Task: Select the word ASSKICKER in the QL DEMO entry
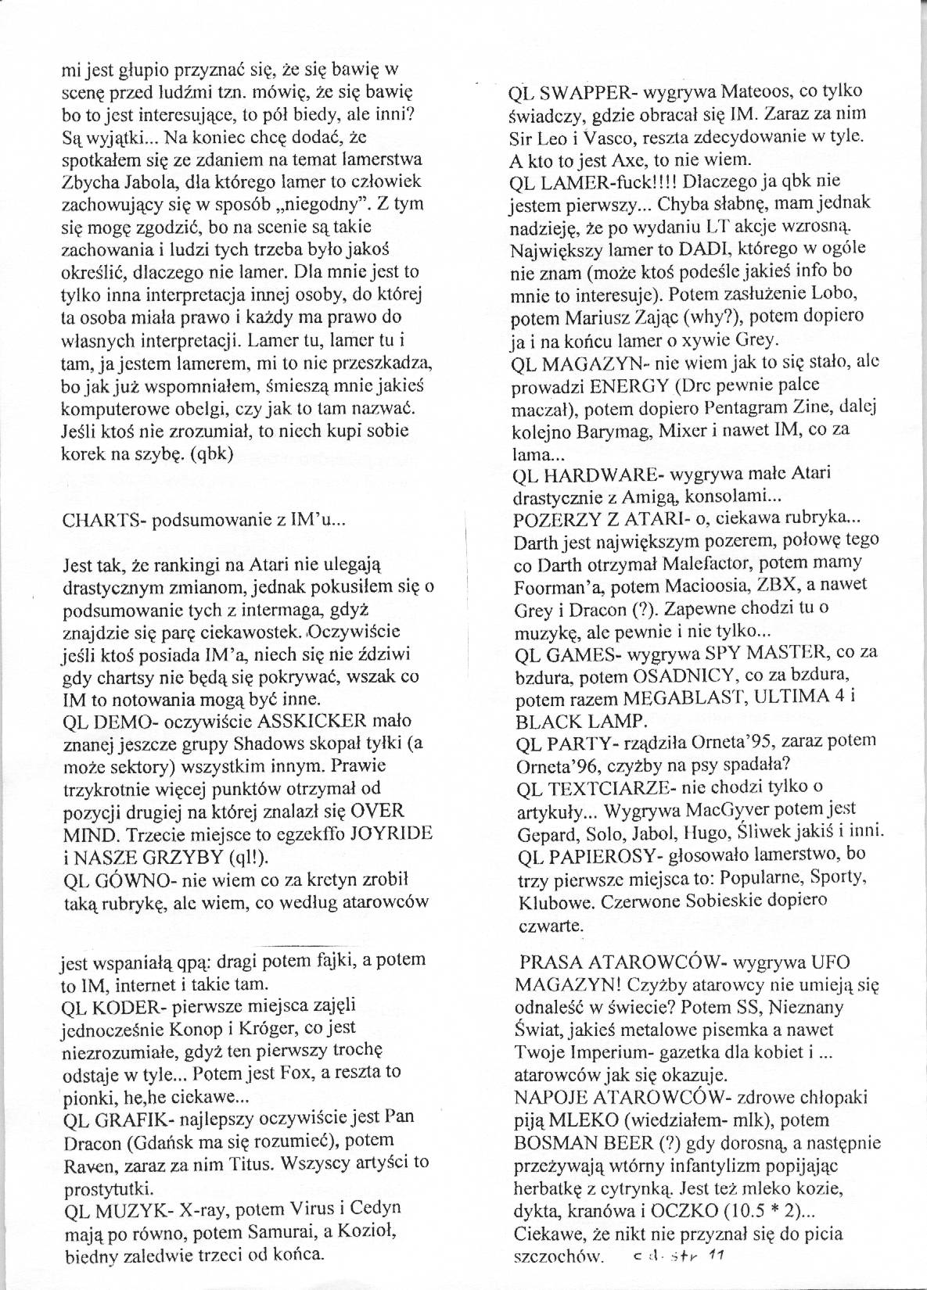pos(251,721)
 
